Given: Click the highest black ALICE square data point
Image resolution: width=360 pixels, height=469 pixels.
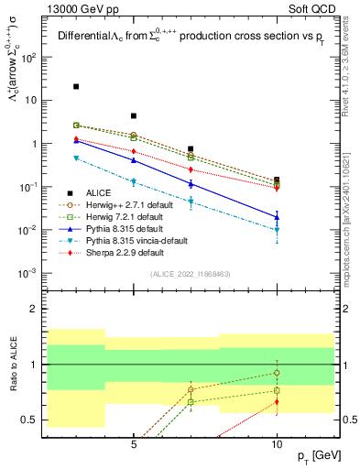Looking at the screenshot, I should (x=76, y=86).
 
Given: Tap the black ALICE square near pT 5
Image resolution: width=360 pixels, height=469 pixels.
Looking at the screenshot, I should (x=134, y=116).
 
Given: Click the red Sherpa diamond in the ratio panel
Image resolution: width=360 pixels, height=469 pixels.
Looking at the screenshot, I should (x=277, y=401).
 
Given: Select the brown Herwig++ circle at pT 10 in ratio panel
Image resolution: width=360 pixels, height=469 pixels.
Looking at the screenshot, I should (x=277, y=372).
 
